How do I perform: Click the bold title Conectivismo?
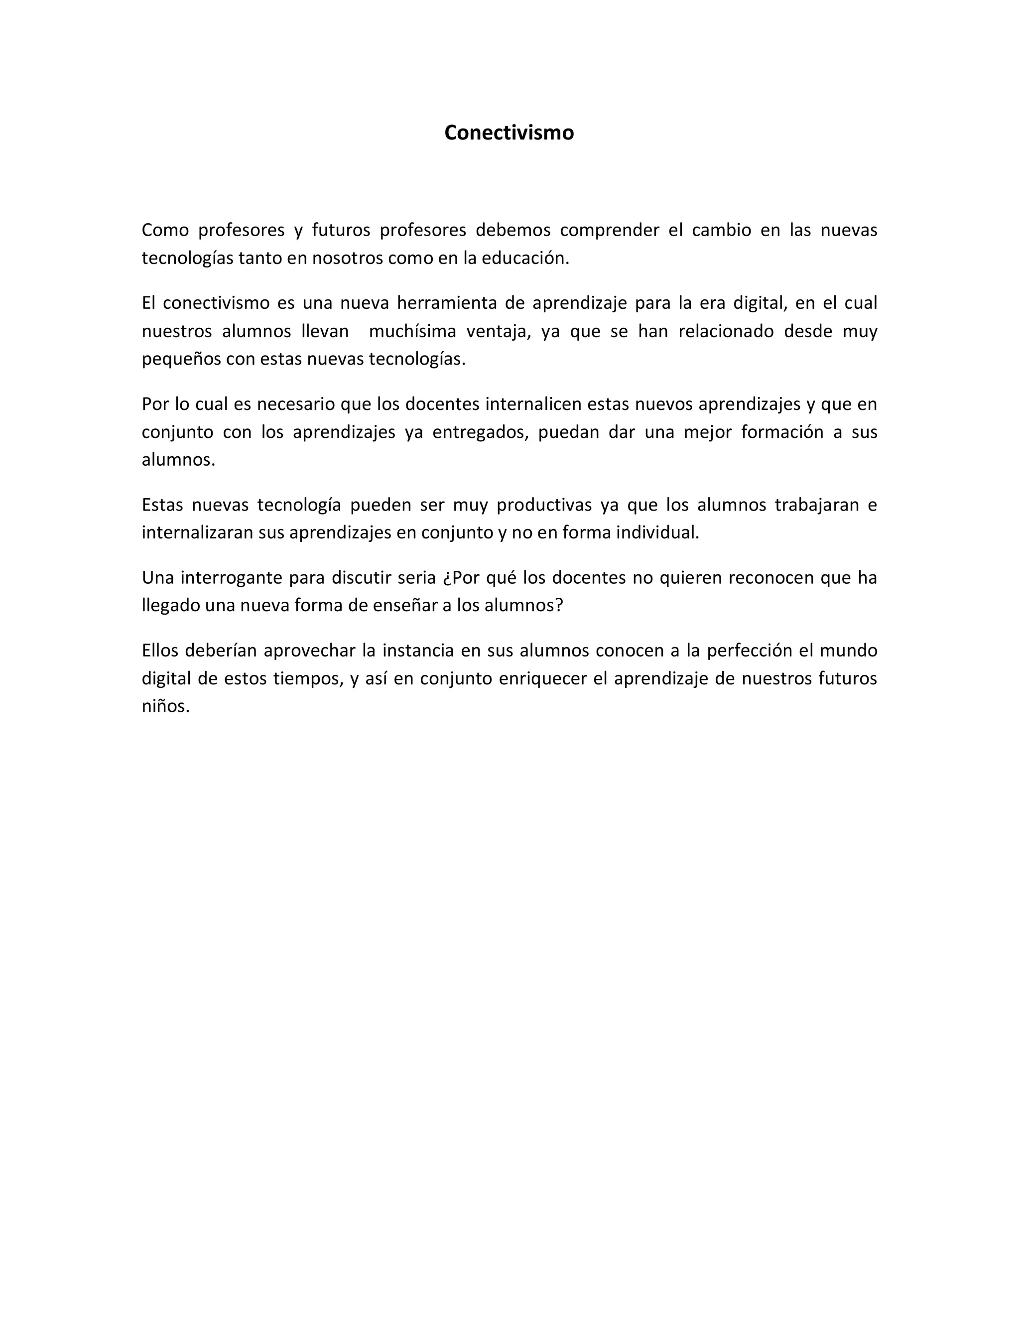(509, 132)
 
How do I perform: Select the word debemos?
(513, 230)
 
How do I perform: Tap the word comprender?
(609, 230)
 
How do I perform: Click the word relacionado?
(726, 331)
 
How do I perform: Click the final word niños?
(165, 706)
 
